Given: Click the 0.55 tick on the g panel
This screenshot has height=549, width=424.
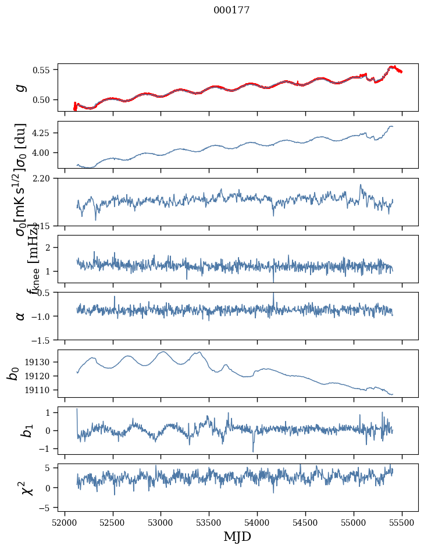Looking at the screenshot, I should coord(42,70).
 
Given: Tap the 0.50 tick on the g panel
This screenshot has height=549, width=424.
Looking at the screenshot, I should coord(42,99).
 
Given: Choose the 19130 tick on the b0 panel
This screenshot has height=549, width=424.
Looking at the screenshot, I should coord(40,362).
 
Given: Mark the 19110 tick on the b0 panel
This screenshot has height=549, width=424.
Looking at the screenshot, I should coord(40,390).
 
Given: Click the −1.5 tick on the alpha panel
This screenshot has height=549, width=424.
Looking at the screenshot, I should coord(40,340).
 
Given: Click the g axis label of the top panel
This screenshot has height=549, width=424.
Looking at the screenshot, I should coord(21,87).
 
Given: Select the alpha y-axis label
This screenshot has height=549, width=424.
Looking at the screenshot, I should coord(21,316).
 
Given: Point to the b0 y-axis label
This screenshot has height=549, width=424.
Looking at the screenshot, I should coord(13,373).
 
